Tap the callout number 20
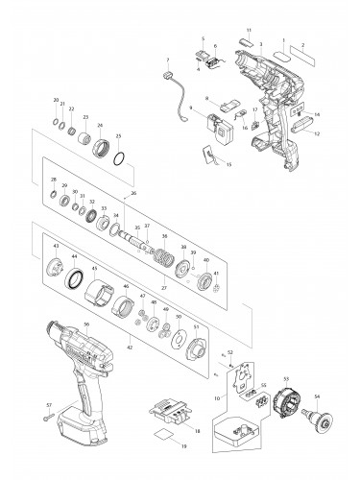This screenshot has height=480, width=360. pos(56,101)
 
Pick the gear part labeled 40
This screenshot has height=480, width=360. pos(203,282)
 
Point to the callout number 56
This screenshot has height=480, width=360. pos(86,324)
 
